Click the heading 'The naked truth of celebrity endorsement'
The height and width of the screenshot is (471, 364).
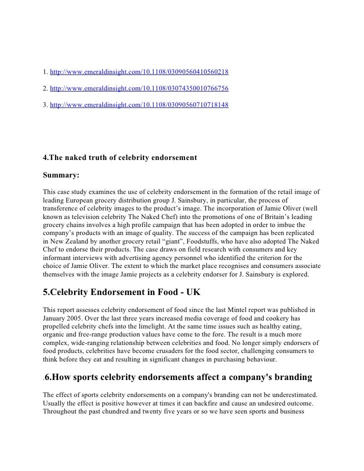point(120,158)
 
